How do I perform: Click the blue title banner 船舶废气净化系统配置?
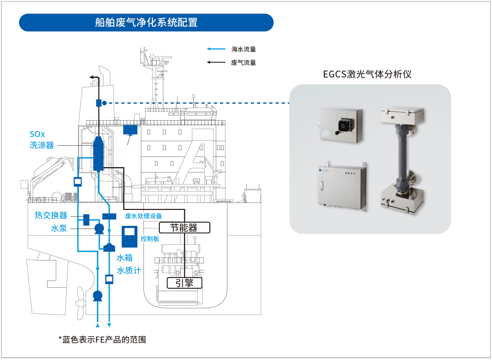click(146, 22)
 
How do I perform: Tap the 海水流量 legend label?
click(243, 49)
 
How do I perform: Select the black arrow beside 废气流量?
click(216, 62)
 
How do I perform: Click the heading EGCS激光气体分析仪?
click(367, 74)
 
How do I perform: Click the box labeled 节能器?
click(184, 228)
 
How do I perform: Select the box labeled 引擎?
click(185, 283)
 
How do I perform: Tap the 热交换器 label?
click(51, 215)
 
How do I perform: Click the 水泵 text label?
click(59, 228)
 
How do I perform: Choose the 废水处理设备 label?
click(143, 216)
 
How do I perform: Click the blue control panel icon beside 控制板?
click(129, 236)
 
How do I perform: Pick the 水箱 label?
click(124, 258)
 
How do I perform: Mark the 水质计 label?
click(129, 270)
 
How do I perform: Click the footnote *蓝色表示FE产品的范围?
click(102, 340)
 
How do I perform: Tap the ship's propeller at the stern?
click(80, 303)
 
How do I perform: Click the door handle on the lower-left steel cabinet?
click(322, 186)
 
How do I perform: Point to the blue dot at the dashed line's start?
click(104, 103)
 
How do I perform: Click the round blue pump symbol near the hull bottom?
click(97, 295)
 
